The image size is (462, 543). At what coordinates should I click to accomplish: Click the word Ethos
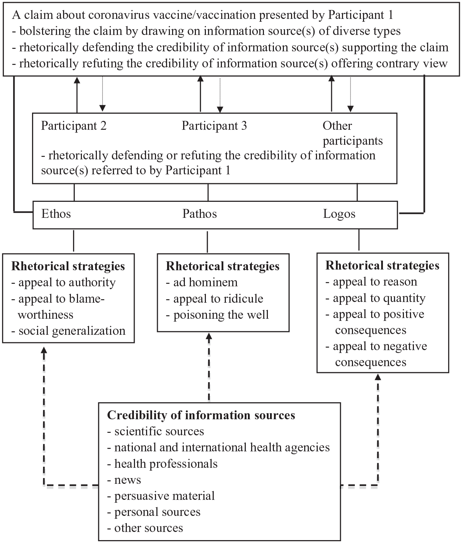tap(56, 214)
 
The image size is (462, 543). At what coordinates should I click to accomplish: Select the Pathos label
tap(199, 214)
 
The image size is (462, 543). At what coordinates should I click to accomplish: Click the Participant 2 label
tap(74, 126)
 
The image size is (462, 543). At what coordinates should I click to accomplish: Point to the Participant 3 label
tap(214, 126)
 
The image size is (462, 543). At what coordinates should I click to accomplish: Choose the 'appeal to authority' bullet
tap(63, 283)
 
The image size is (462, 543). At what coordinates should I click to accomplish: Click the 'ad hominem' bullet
tap(202, 282)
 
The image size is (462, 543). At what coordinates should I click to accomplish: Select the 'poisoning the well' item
tap(217, 315)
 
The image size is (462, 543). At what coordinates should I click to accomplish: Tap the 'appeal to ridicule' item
tap(214, 299)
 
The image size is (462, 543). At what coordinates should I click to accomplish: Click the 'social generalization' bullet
tap(68, 331)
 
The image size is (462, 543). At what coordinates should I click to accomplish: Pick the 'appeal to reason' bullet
tap(371, 282)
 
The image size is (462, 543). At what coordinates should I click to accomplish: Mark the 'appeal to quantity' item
tap(375, 298)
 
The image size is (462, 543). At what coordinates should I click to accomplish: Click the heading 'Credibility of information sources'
tap(201, 415)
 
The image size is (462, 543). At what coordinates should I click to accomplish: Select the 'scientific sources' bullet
tap(155, 431)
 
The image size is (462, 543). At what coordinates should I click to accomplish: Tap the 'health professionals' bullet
tap(162, 464)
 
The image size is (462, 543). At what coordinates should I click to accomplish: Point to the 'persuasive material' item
tap(161, 496)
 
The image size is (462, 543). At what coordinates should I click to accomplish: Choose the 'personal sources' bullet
tap(154, 512)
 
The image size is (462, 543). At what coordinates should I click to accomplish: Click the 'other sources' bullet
tap(145, 528)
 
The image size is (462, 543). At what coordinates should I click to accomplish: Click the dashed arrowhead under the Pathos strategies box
tap(209, 337)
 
